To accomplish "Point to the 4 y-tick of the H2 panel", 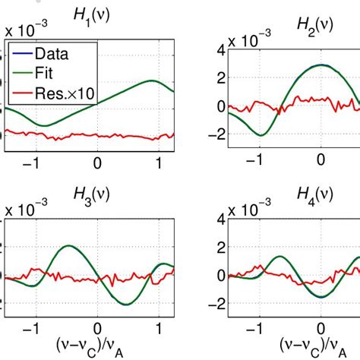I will point(198,50).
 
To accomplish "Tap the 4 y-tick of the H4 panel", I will point(198,219).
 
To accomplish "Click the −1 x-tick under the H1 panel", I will point(31,163).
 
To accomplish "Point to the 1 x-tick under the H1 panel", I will point(159,163).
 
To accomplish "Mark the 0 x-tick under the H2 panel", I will point(321,163).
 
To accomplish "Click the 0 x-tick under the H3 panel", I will point(96,331).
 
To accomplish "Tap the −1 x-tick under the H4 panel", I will point(256,331).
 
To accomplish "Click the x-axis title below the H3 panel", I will point(96,349).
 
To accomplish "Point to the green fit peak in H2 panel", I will point(321,65).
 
